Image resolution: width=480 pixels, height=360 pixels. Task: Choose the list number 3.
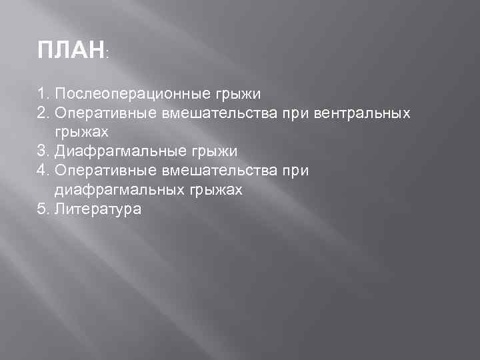pos(43,151)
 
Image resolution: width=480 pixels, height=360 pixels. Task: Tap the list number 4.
pos(43,171)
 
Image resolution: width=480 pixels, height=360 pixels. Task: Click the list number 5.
pos(43,209)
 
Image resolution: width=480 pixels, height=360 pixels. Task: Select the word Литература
pos(98,209)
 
